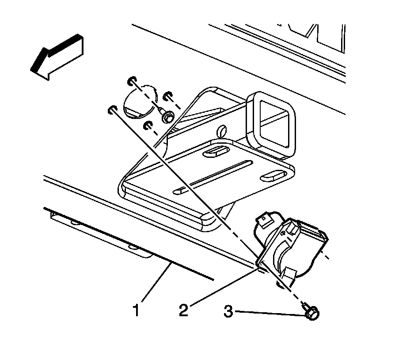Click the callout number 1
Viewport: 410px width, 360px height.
click(x=137, y=310)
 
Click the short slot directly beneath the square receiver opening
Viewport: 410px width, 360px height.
click(x=273, y=174)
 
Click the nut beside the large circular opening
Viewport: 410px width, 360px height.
click(x=167, y=117)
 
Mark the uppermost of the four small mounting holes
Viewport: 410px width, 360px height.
click(x=131, y=80)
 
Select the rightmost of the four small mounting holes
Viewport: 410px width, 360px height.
click(x=167, y=96)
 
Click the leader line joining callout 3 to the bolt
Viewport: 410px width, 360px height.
click(x=270, y=313)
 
